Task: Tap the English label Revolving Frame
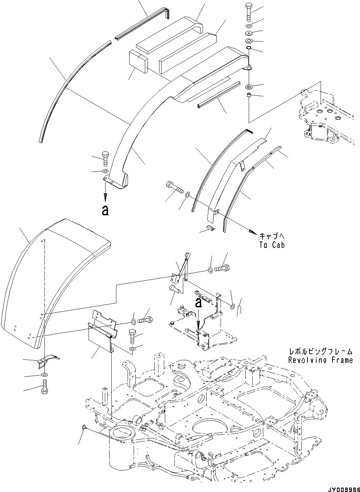point(320,360)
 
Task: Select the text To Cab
point(272,244)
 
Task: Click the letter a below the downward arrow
point(105,211)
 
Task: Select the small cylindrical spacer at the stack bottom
point(249,95)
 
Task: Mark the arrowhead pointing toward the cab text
point(251,232)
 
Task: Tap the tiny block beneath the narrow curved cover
point(210,228)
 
